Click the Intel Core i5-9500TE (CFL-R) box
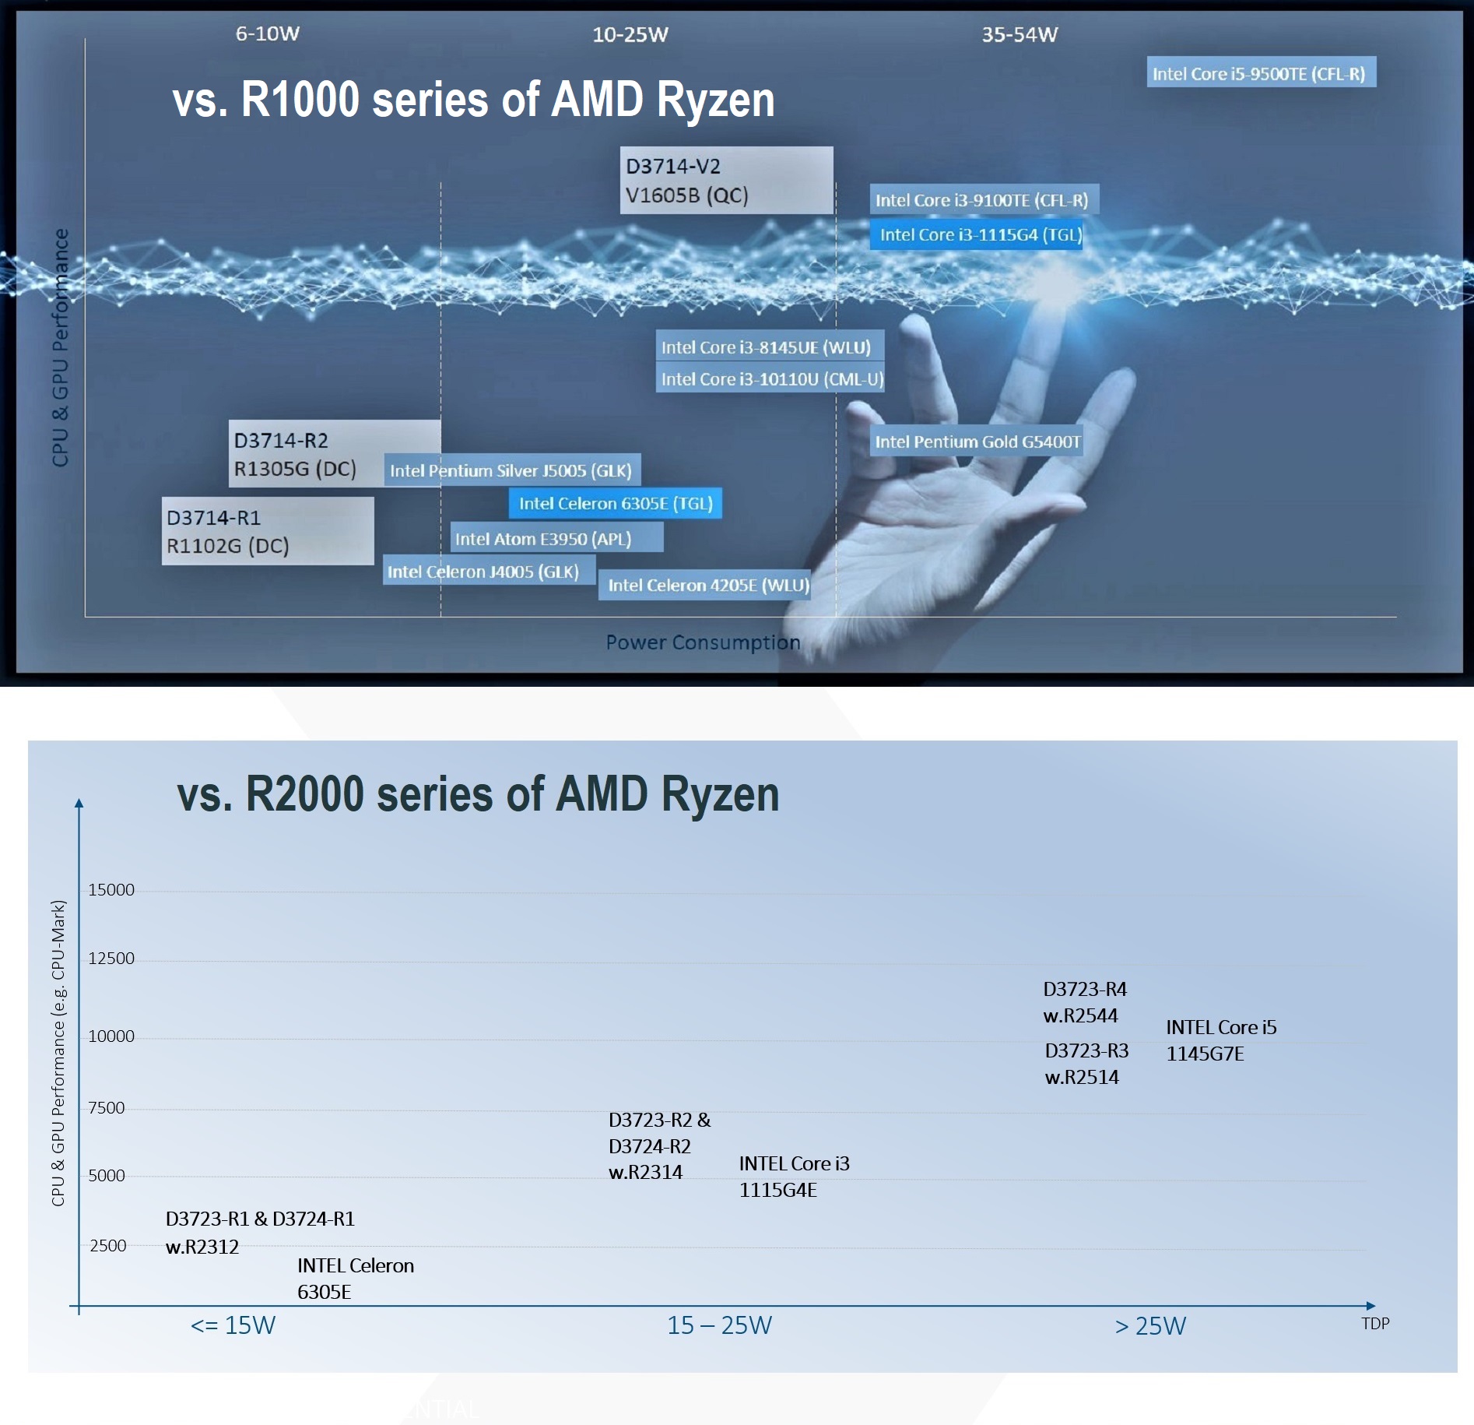click(x=1261, y=72)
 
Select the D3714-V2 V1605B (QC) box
click(x=727, y=180)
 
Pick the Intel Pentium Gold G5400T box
click(x=977, y=442)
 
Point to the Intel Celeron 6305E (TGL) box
click(x=616, y=503)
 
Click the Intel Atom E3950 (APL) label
click(x=556, y=538)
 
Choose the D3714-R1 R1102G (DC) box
click(x=268, y=531)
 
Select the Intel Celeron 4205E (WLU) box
click(x=704, y=585)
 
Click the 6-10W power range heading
click(x=268, y=33)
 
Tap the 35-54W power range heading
click(x=1020, y=34)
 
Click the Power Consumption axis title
click(x=703, y=642)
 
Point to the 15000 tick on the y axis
click(x=111, y=890)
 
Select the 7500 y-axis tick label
click(x=107, y=1107)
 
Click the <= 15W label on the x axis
click(x=233, y=1325)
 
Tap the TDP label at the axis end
click(x=1375, y=1323)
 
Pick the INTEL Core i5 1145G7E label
click(x=1221, y=1040)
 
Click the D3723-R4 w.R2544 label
click(x=1085, y=1002)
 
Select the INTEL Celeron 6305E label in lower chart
click(x=355, y=1279)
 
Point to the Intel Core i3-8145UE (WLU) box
click(x=770, y=347)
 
